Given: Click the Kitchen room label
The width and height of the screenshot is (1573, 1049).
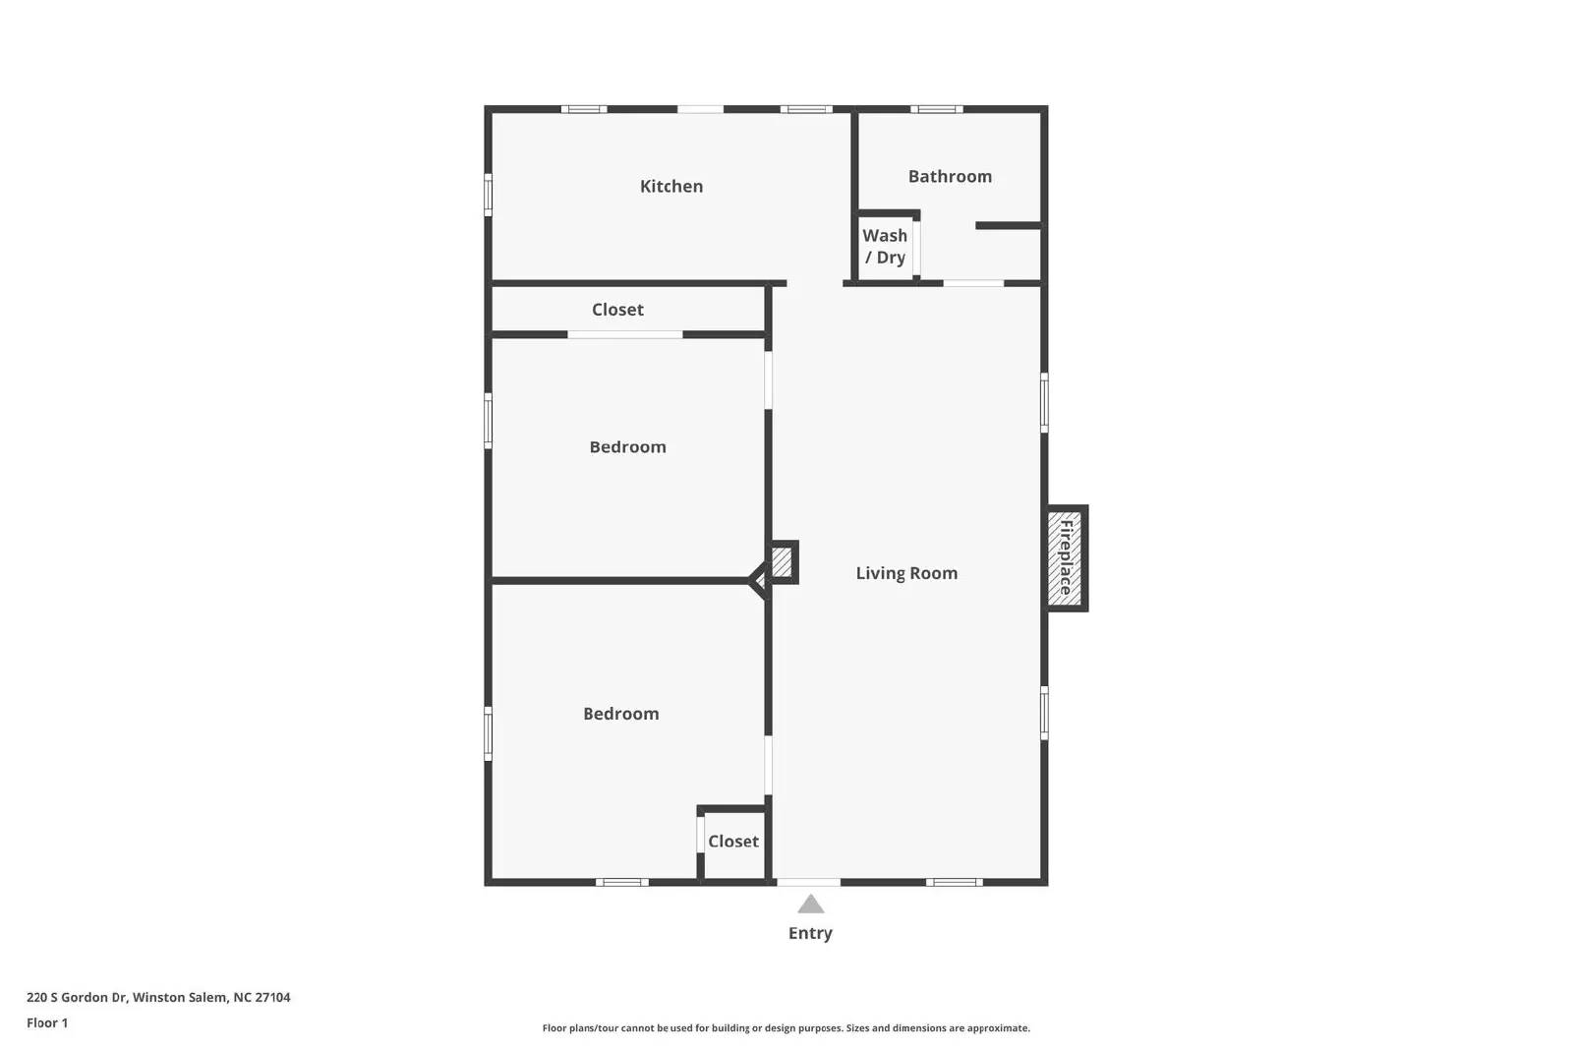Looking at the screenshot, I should [x=671, y=186].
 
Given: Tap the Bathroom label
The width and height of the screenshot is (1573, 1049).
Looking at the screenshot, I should [x=950, y=176].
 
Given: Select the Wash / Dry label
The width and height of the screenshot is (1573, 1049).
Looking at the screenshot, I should [x=885, y=246].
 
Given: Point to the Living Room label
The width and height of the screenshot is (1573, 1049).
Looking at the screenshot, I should [x=906, y=573].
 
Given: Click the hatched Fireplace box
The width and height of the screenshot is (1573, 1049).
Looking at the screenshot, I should [x=1066, y=557].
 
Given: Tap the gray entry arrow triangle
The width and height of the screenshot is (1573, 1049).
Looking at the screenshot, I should [x=810, y=904].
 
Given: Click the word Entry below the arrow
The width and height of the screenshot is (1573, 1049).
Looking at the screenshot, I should [x=810, y=933].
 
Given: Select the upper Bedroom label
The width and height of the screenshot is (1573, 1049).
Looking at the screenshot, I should [x=627, y=446].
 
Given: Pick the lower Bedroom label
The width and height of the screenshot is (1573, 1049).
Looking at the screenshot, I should [x=620, y=714].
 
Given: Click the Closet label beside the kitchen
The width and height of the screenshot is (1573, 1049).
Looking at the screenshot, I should [x=617, y=310].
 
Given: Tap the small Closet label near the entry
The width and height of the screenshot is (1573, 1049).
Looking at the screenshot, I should [x=733, y=841].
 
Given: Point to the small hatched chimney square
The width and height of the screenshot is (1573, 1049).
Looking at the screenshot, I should [x=782, y=562].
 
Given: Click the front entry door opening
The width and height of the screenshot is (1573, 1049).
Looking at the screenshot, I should [x=808, y=882].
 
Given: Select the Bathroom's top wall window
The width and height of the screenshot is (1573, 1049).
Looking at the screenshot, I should [x=935, y=109].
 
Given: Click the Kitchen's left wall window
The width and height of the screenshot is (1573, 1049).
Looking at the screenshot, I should [x=488, y=194].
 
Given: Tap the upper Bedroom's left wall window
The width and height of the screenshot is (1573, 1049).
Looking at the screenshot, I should [x=488, y=421].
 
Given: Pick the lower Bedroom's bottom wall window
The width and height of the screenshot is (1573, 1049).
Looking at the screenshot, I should [x=621, y=882].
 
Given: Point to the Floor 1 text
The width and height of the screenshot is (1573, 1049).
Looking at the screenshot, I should [x=47, y=1022].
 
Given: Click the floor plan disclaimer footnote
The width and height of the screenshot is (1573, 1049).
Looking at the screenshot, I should [x=786, y=1028].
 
